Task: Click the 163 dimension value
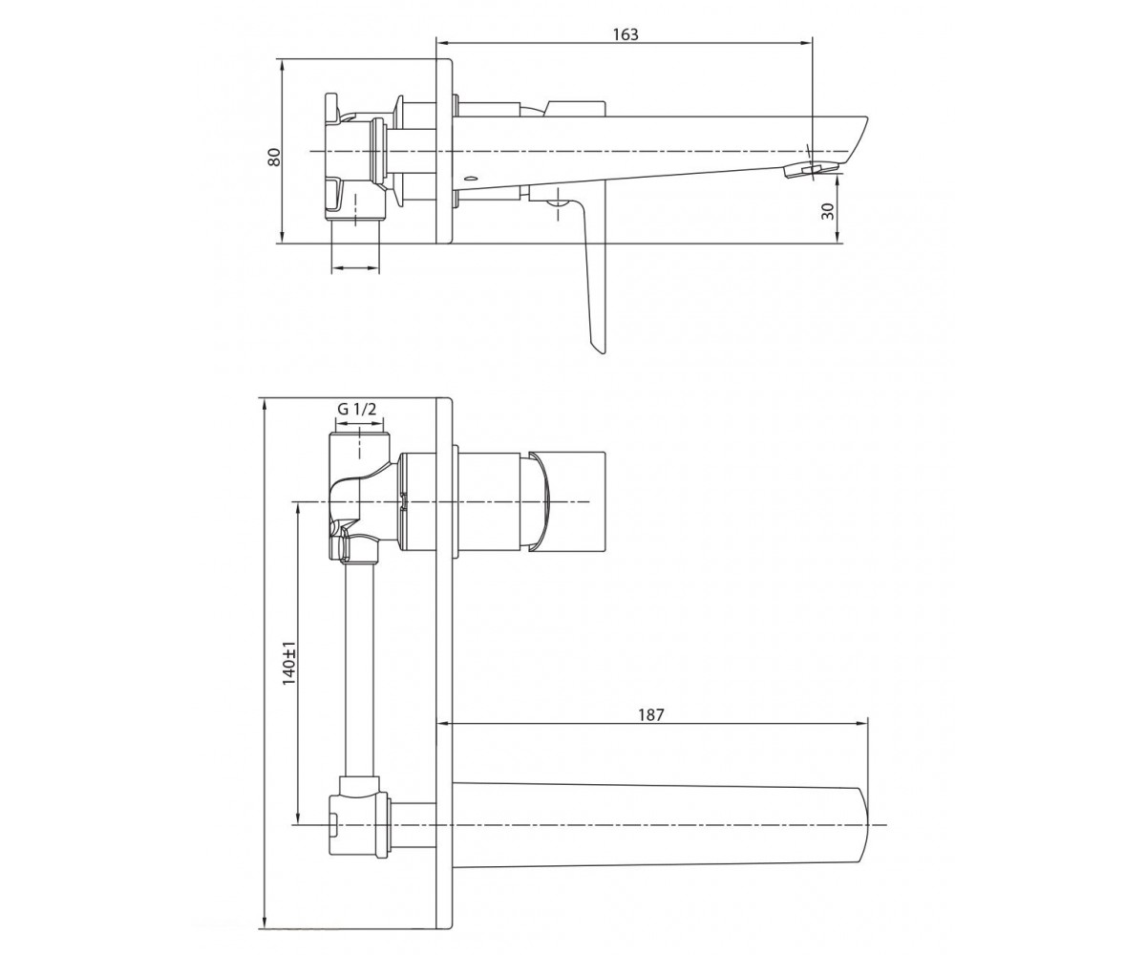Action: (626, 34)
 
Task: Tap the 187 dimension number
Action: (651, 715)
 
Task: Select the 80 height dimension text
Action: (274, 157)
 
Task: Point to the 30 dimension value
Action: (828, 210)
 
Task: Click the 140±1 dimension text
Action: (289, 663)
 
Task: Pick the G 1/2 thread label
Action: (356, 409)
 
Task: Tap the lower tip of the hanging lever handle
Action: (602, 352)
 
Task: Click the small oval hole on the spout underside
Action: (471, 179)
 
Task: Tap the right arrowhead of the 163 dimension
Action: (806, 42)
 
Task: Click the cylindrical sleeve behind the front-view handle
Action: (488, 501)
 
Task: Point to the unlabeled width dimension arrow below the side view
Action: (355, 268)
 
